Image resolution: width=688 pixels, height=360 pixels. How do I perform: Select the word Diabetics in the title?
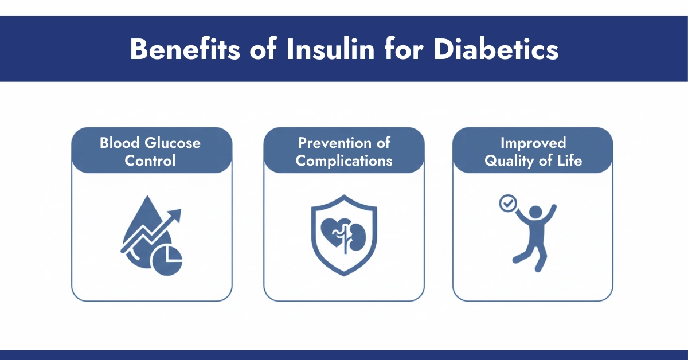496,49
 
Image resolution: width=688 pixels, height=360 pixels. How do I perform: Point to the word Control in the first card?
151,160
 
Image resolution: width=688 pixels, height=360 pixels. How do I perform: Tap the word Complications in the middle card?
344,160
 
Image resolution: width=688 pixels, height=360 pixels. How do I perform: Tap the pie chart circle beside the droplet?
167,261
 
